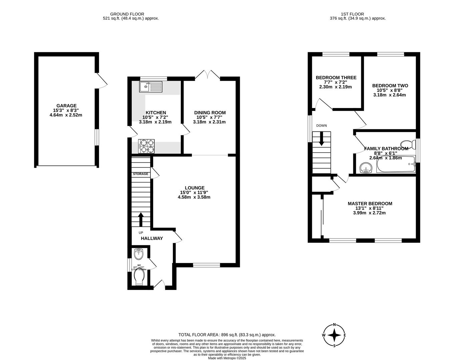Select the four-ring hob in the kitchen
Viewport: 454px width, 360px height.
pyautogui.click(x=146, y=146)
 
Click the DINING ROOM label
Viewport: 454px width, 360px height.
pyautogui.click(x=210, y=113)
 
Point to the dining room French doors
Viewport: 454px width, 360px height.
pyautogui.click(x=207, y=75)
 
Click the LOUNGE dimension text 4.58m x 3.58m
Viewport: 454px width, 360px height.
pyautogui.click(x=194, y=197)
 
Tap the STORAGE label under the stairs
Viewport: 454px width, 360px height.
pyautogui.click(x=140, y=174)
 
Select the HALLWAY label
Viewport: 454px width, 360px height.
pyautogui.click(x=152, y=238)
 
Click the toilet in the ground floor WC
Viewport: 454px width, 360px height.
pyautogui.click(x=139, y=277)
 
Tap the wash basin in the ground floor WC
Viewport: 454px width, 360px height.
pyautogui.click(x=139, y=254)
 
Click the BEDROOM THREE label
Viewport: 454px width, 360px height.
pyautogui.click(x=336, y=78)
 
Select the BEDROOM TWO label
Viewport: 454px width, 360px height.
pyautogui.click(x=390, y=86)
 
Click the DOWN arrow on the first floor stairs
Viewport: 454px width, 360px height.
pyautogui.click(x=322, y=139)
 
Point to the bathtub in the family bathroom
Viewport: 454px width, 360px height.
pyautogui.click(x=396, y=164)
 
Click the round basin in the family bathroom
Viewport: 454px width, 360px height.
pyautogui.click(x=367, y=168)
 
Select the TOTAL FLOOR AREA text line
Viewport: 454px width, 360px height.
pyautogui.click(x=227, y=335)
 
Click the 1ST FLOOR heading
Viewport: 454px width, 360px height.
pyautogui.click(x=352, y=14)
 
